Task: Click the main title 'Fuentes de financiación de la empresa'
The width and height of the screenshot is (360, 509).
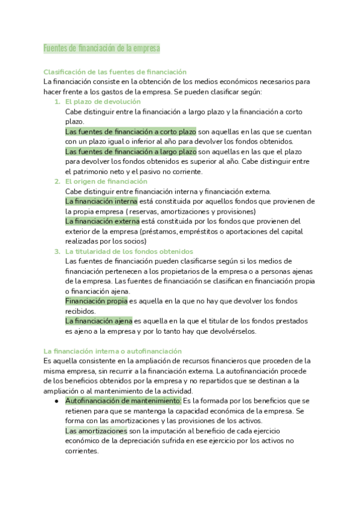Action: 101,47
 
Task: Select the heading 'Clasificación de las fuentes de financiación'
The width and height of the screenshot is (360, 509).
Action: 115,71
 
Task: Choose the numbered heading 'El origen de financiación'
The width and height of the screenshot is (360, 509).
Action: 106,181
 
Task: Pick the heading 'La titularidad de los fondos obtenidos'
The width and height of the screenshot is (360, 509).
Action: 129,251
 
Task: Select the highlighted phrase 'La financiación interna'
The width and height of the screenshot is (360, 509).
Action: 101,201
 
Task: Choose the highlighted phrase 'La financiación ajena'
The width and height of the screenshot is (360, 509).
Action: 98,321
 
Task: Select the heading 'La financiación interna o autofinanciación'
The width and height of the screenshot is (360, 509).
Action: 113,351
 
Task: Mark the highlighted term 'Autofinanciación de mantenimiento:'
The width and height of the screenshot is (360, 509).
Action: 123,400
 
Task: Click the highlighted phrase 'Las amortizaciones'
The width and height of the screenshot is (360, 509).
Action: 96,430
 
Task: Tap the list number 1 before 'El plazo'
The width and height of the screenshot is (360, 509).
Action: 56,101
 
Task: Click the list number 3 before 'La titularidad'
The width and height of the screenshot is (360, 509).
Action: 56,251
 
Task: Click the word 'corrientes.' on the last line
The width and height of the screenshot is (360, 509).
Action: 82,451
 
